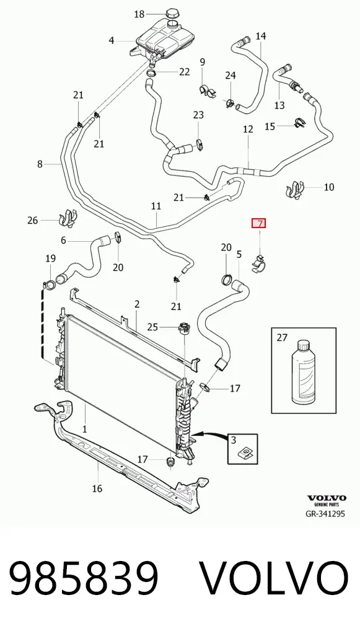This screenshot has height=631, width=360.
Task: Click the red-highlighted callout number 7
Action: pos(258,223)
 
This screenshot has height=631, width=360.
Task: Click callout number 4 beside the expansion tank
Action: pos(112,40)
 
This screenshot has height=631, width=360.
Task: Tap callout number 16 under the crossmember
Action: pos(97,488)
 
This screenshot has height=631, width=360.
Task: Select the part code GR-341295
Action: pos(325,513)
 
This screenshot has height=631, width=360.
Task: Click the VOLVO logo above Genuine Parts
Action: pos(327,498)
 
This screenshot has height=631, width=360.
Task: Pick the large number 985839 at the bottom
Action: pos(84,578)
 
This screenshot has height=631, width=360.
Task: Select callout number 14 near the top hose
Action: pos(261,36)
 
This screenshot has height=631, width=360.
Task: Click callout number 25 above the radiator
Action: pos(152,327)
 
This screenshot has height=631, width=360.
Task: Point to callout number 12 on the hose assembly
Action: pos(248,129)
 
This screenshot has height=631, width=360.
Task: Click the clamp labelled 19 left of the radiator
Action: pos(50,284)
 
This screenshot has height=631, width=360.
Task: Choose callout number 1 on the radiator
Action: pos(84,430)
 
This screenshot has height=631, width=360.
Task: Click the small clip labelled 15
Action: pos(299,122)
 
